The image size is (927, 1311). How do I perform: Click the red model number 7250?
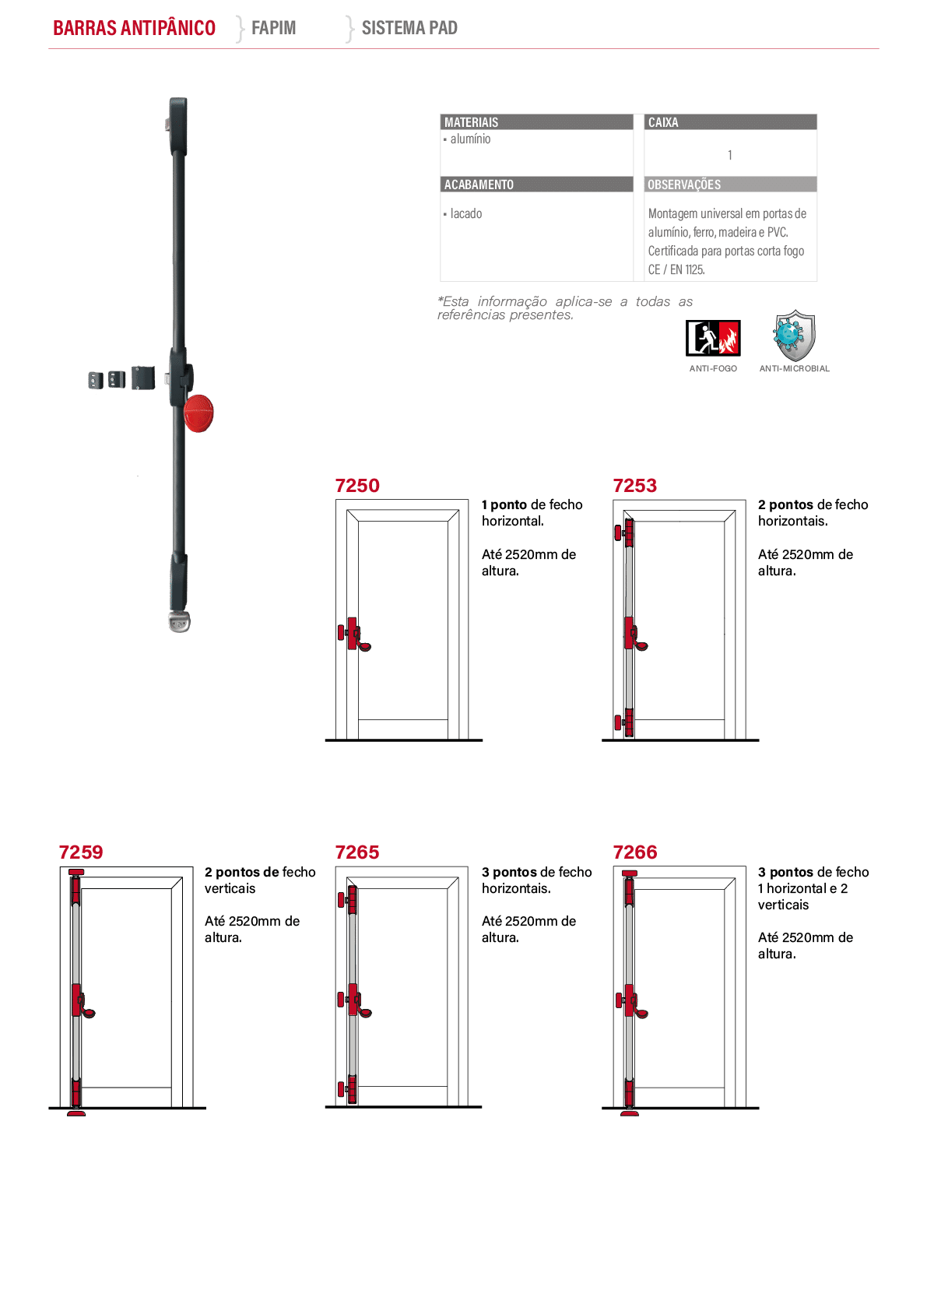pos(357,485)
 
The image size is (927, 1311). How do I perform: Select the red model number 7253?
pos(634,485)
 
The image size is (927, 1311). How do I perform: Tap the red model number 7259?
pos(81,852)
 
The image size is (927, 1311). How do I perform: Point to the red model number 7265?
pos(357,852)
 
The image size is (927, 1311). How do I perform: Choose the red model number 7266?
pos(635,852)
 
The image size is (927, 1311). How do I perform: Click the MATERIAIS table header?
pos(471,122)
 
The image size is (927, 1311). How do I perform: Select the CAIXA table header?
pos(663,122)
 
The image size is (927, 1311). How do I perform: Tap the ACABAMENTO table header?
pos(479,185)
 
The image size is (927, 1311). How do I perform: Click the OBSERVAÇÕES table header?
pos(684,185)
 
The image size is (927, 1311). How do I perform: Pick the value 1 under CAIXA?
pos(730,155)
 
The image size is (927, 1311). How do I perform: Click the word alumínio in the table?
pos(471,139)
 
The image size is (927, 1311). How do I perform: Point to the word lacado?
pos(466,213)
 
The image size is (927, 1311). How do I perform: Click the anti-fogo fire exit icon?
pos(713,338)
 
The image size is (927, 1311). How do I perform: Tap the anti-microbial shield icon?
pos(794,336)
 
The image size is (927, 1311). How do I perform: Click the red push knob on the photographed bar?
pos(198,413)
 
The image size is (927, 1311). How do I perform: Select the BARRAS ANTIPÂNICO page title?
pos(134,27)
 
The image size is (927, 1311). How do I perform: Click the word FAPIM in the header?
pos(273,27)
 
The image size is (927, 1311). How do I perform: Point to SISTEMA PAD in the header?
pos(409,27)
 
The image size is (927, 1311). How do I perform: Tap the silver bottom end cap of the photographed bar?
pos(179,621)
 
